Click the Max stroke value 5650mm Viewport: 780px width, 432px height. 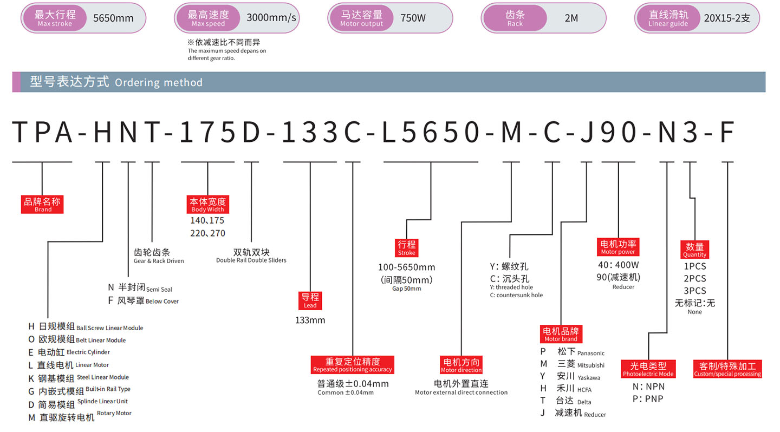tap(113, 18)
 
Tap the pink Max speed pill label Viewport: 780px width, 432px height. tap(208, 18)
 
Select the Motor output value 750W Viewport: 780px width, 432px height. tap(413, 18)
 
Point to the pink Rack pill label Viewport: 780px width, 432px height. tap(515, 18)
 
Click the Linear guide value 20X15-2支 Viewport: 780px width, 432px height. tap(727, 18)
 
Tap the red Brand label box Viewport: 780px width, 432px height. tap(43, 204)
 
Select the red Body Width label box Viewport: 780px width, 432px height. tap(207, 204)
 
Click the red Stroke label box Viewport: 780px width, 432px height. tap(407, 247)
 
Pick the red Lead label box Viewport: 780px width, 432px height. tap(310, 300)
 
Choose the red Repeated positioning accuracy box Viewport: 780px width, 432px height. tap(352, 364)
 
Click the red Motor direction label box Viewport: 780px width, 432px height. tap(461, 365)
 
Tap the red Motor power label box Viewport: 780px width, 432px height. tap(618, 246)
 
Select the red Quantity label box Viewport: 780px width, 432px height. tap(694, 250)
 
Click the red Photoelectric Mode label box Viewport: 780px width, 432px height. tap(648, 369)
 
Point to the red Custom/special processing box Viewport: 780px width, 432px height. tap(727, 369)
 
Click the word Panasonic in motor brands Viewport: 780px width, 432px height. tap(590, 353)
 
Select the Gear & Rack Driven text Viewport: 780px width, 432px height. tap(159, 261)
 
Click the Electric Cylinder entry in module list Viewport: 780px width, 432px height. tap(88, 352)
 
